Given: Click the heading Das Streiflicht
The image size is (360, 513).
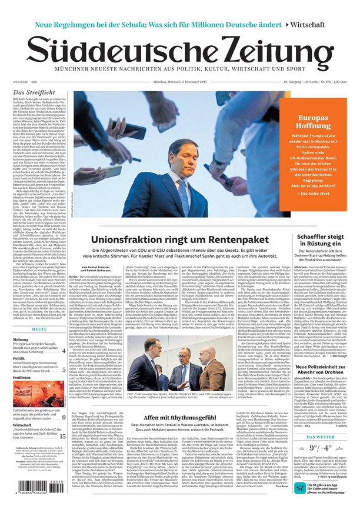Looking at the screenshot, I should pos(35,92).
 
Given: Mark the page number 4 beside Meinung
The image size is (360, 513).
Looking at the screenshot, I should pos(64,351).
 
